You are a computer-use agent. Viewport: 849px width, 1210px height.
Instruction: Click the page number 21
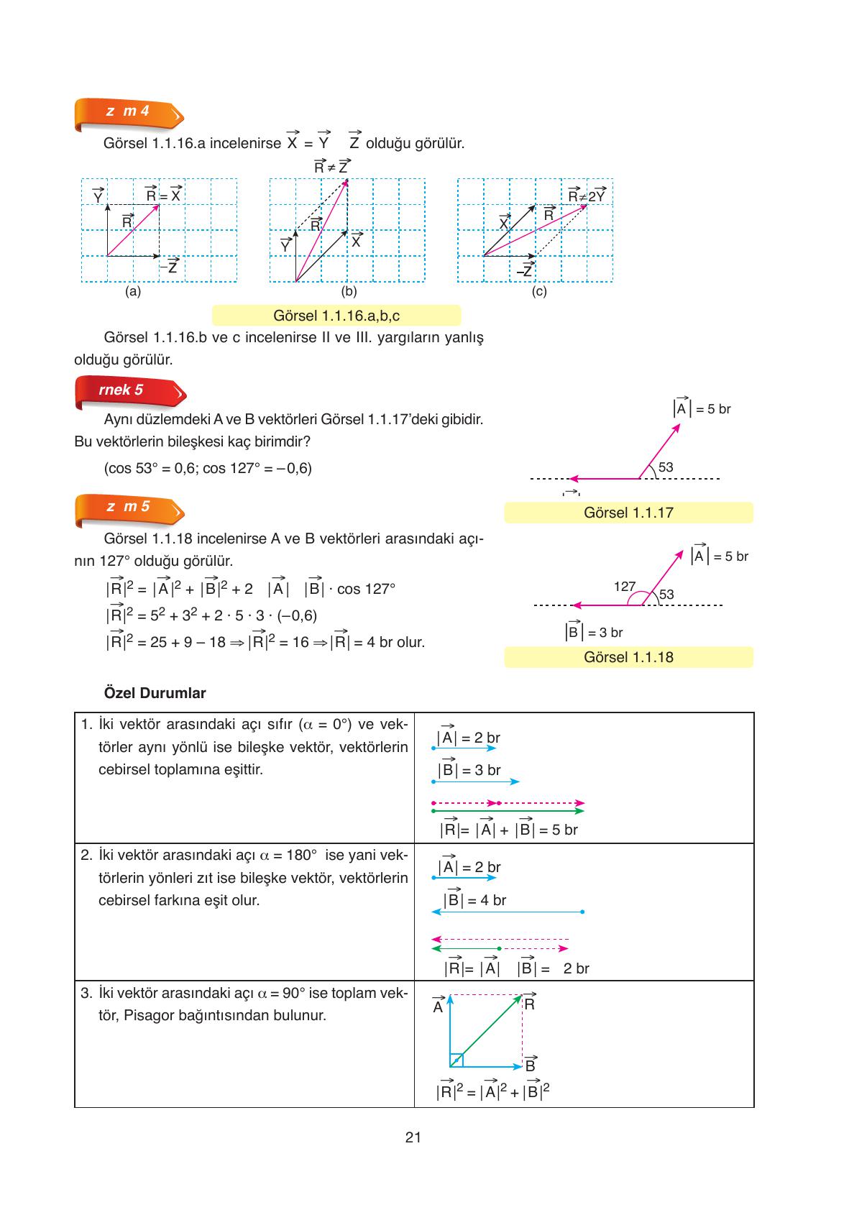(x=413, y=1137)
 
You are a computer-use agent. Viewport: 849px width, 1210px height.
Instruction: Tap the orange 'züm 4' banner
(x=128, y=113)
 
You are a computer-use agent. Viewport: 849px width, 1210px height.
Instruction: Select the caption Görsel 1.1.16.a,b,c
(x=336, y=316)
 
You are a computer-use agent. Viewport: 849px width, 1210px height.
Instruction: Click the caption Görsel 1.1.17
(x=628, y=513)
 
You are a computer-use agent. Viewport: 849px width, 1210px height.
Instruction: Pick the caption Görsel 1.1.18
(x=628, y=657)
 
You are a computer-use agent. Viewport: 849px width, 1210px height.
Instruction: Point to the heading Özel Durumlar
(x=155, y=693)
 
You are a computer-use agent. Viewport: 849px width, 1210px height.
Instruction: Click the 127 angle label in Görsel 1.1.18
(x=623, y=587)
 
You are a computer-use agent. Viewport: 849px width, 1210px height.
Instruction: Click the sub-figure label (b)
(x=349, y=292)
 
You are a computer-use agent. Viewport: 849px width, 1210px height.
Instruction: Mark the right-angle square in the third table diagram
(x=456, y=1060)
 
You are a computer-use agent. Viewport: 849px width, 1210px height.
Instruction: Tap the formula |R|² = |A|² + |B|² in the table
(x=492, y=1091)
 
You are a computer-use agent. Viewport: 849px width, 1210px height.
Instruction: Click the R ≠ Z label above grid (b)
(x=331, y=166)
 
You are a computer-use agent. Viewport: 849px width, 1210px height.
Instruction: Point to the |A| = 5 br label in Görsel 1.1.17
(x=702, y=408)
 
